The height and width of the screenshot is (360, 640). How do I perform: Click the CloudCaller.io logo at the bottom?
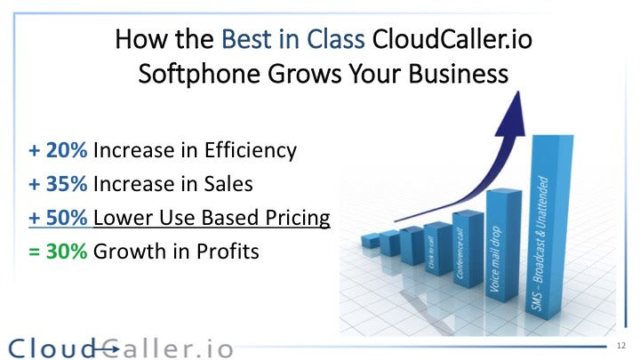click(x=120, y=347)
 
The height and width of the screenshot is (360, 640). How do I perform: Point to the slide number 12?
click(x=620, y=344)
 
